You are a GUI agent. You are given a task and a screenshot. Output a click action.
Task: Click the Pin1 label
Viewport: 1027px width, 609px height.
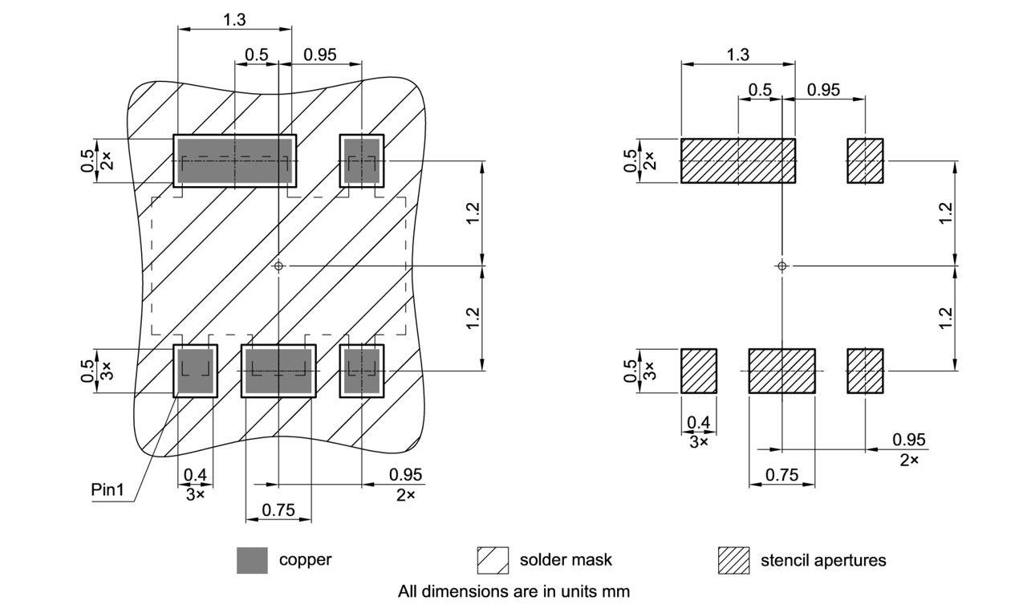pos(108,489)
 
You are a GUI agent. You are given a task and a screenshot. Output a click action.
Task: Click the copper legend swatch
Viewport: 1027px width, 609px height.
pos(252,560)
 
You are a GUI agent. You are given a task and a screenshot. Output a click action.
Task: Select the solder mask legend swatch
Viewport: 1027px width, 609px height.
pos(493,560)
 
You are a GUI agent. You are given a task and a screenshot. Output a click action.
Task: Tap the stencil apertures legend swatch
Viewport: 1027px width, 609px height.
pos(733,560)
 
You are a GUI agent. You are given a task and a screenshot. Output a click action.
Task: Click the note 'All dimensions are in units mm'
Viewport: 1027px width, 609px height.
pos(513,591)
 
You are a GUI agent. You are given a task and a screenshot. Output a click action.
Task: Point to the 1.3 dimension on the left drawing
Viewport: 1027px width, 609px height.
pos(234,20)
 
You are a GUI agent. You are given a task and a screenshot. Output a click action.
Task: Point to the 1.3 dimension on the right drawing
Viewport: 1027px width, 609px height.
pos(737,55)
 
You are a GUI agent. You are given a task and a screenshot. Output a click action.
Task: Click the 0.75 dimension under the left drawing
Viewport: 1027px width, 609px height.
pos(278,510)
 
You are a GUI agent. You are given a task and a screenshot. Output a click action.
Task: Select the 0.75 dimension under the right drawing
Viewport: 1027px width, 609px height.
pos(781,474)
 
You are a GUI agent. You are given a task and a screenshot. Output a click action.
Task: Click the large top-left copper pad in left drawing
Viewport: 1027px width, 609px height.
pos(234,160)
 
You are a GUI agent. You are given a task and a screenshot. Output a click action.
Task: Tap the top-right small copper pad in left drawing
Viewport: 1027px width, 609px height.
pos(362,160)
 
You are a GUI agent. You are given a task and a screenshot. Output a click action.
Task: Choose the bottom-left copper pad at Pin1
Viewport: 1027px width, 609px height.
pos(195,371)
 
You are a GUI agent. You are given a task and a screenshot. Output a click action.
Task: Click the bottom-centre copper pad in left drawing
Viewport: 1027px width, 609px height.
pos(278,371)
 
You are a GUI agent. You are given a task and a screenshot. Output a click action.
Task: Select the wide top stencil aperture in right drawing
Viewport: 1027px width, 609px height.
pos(737,160)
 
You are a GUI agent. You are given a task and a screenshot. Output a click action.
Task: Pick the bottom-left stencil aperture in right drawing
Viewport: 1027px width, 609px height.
pos(698,371)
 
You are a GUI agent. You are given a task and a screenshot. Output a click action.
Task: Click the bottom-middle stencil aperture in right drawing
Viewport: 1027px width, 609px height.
pos(781,371)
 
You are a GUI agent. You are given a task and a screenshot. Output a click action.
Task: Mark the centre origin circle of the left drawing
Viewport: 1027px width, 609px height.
pos(278,266)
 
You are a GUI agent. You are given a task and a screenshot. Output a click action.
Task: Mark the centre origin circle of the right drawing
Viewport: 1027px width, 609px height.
pos(782,266)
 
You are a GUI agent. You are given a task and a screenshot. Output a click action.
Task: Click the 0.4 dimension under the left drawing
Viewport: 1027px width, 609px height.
pos(195,475)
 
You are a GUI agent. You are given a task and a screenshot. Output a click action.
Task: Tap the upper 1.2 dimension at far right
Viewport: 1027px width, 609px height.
pos(946,213)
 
